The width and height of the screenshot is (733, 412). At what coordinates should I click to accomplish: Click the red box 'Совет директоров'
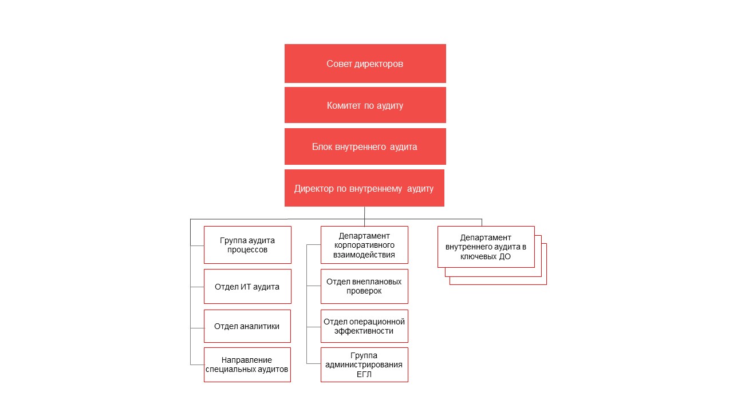365,64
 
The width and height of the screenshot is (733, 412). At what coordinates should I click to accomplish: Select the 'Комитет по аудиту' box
365,105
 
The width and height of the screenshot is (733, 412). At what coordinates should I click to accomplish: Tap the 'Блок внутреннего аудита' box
365,146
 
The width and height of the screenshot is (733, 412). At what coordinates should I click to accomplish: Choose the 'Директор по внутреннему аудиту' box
364,188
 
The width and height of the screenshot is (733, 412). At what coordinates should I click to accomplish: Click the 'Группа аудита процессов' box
247,245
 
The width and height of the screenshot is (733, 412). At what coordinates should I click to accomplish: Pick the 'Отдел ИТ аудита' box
247,287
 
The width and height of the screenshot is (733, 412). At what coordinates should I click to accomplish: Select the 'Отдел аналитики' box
247,326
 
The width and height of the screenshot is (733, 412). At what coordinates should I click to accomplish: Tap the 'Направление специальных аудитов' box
247,365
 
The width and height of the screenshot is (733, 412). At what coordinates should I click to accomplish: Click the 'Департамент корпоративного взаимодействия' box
364,245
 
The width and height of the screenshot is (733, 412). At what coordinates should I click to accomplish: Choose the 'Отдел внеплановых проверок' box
364,287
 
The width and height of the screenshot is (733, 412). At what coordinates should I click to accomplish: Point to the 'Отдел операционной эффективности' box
364,326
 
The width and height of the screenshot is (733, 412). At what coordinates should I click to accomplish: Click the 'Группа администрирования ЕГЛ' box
364,365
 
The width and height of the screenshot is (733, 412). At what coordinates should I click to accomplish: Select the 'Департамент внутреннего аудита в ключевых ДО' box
486,247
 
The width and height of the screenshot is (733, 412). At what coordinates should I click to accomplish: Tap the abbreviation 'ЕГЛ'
364,374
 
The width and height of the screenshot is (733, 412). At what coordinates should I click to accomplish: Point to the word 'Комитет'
344,105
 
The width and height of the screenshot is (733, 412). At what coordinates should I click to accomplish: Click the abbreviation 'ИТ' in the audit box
246,287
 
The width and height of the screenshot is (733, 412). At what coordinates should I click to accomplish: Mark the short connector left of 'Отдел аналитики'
197,328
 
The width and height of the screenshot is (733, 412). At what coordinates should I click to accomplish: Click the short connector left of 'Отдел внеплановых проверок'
313,286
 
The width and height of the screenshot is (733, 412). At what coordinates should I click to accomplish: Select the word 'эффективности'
364,331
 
